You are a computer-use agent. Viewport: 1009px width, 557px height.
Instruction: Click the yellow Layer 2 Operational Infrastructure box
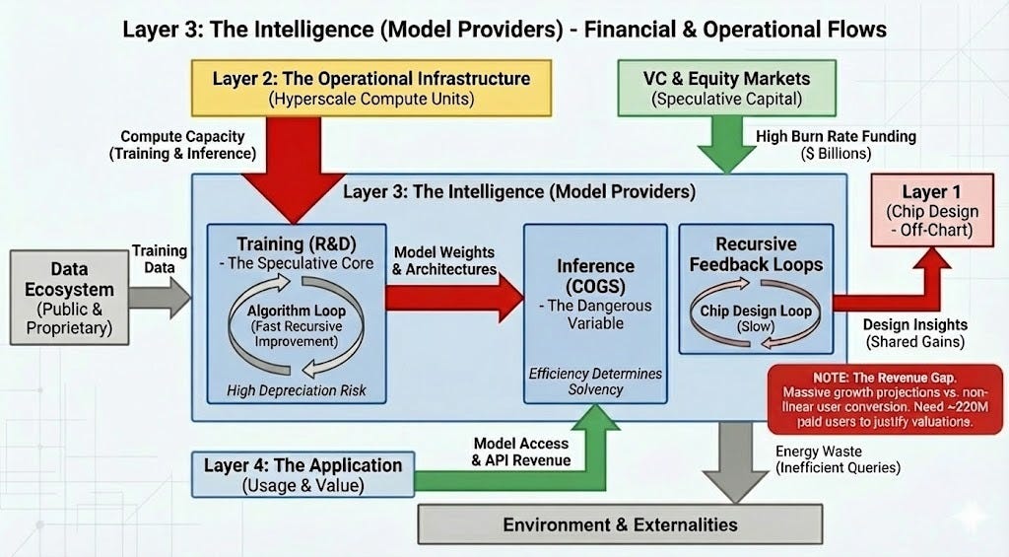pyautogui.click(x=370, y=87)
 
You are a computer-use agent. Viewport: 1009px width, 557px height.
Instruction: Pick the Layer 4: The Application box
pyautogui.click(x=303, y=474)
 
